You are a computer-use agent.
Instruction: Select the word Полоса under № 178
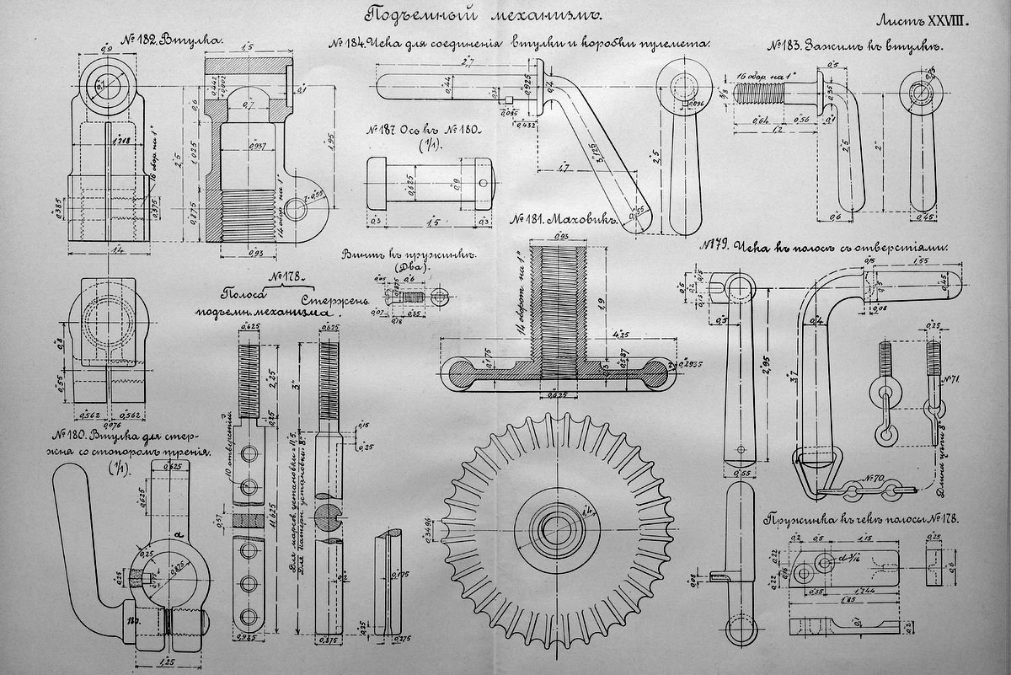pyautogui.click(x=245, y=296)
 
